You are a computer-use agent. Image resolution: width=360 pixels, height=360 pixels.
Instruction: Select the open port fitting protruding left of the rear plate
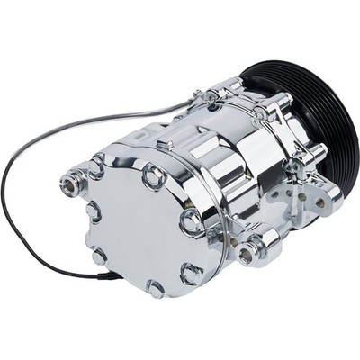click(70, 184)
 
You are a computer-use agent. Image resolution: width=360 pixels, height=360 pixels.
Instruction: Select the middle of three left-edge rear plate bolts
click(93, 212)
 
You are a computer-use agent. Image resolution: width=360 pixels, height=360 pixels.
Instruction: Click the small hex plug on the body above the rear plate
click(166, 145)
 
